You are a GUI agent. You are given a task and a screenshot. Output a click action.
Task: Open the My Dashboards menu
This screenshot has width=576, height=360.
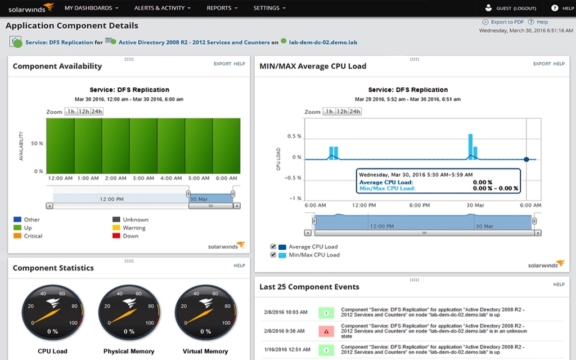click(x=91, y=8)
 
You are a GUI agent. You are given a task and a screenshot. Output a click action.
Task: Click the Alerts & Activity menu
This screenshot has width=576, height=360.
click(x=162, y=8)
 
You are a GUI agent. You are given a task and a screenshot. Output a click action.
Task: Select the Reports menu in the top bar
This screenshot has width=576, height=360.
click(x=222, y=8)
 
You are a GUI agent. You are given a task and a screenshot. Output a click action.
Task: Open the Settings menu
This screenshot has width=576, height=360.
click(x=269, y=8)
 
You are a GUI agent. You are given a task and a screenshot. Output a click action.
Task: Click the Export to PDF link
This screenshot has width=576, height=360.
click(x=507, y=22)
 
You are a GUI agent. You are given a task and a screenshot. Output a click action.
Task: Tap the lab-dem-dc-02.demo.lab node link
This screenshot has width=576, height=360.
click(x=323, y=42)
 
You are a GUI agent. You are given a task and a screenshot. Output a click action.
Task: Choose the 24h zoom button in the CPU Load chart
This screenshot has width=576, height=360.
click(x=355, y=111)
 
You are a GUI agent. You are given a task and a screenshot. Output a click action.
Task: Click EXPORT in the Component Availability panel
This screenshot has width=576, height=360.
click(x=222, y=64)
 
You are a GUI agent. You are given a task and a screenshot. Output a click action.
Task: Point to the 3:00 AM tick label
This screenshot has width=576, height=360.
click(x=143, y=178)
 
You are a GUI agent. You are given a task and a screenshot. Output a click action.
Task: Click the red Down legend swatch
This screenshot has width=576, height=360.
click(x=116, y=236)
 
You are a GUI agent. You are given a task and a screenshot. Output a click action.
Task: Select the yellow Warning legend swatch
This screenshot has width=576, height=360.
click(x=116, y=228)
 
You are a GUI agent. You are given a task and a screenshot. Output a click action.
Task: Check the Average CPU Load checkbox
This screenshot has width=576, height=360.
click(x=273, y=247)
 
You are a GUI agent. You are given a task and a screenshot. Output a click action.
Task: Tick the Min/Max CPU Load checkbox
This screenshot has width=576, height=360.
click(x=273, y=255)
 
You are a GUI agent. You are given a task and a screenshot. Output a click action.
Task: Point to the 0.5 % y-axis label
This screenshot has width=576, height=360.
click(x=294, y=137)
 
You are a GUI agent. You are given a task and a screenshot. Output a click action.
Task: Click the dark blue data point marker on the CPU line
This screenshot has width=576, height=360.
click(x=526, y=159)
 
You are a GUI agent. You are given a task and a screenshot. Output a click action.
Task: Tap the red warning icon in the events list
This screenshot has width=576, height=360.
click(x=326, y=331)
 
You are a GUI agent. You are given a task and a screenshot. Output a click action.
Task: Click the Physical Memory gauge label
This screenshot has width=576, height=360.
click(x=129, y=351)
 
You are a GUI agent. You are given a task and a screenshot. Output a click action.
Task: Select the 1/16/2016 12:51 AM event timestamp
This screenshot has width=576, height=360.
click(x=285, y=349)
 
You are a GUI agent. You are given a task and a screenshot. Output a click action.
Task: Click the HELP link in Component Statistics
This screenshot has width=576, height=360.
click(x=239, y=265)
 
